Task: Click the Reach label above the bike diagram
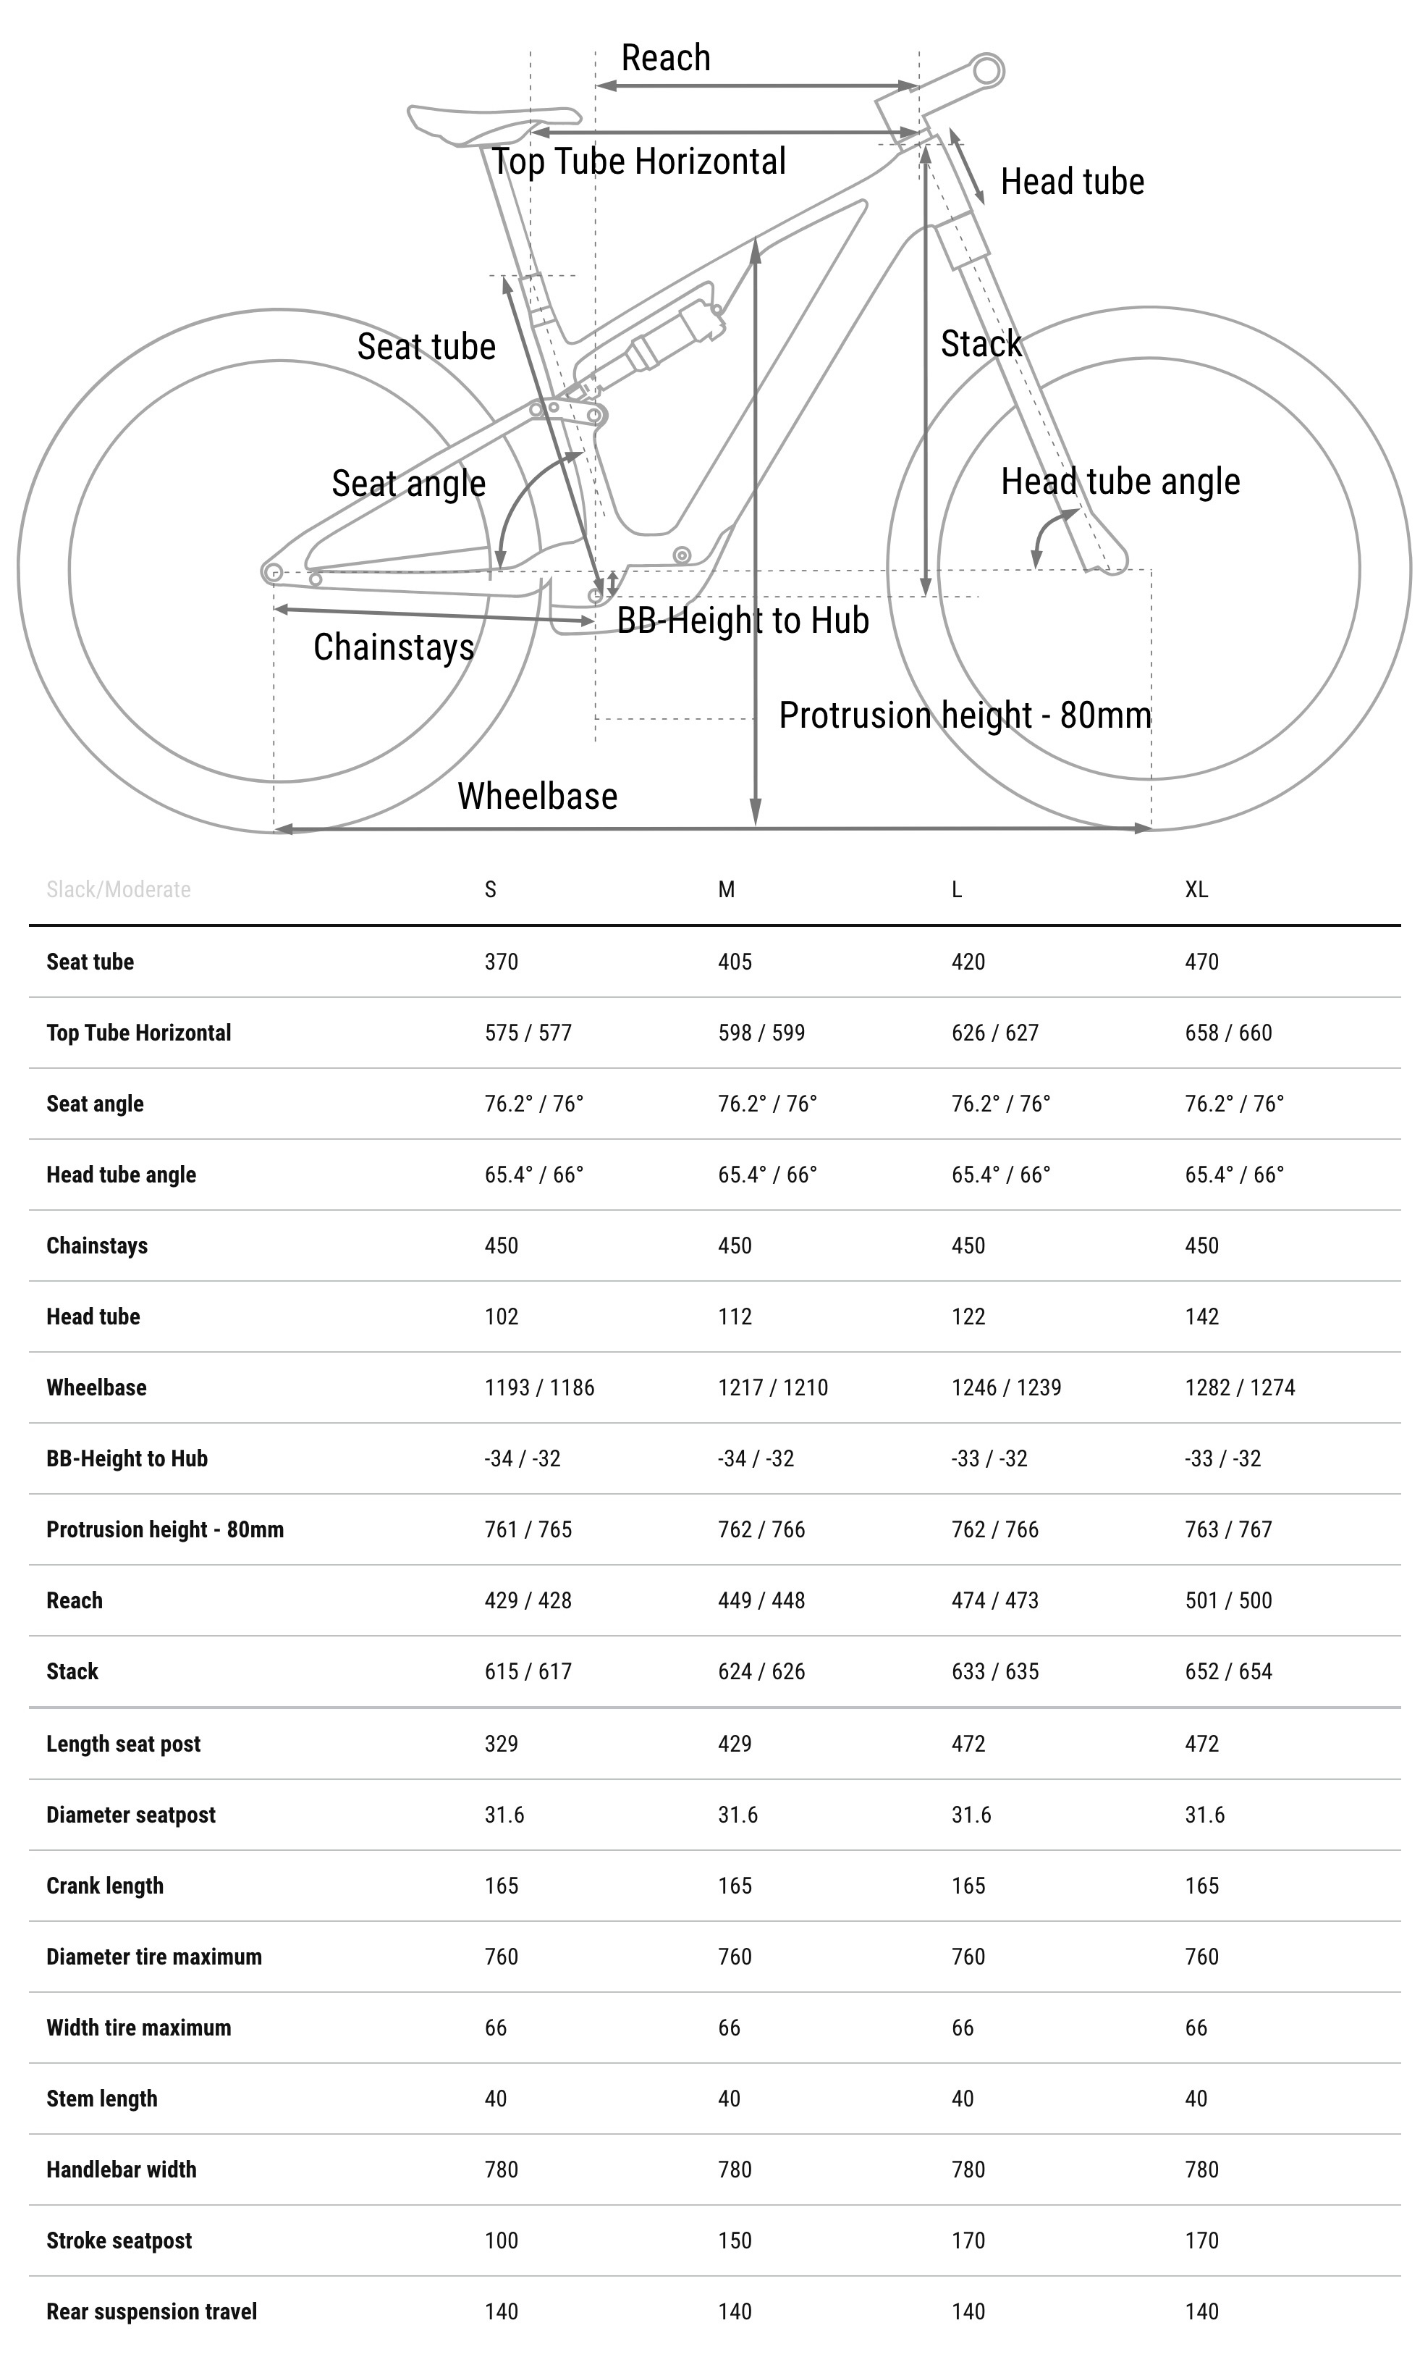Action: click(x=665, y=59)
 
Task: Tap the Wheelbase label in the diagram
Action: click(x=537, y=797)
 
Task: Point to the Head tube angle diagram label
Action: click(x=1120, y=482)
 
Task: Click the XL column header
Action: click(x=1196, y=890)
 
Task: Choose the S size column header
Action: click(x=490, y=890)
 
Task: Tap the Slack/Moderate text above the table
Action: click(x=119, y=890)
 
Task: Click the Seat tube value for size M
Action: click(x=735, y=962)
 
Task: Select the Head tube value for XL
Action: click(x=1202, y=1317)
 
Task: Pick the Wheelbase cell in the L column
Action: click(x=1006, y=1388)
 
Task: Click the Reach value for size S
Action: click(x=527, y=1600)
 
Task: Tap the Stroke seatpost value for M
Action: click(x=735, y=2240)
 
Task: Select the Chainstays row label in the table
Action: click(x=97, y=1246)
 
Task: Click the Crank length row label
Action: click(x=104, y=1886)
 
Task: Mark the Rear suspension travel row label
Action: click(x=151, y=2311)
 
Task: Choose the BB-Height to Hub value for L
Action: click(x=989, y=1458)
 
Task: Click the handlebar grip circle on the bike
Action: click(x=987, y=70)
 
